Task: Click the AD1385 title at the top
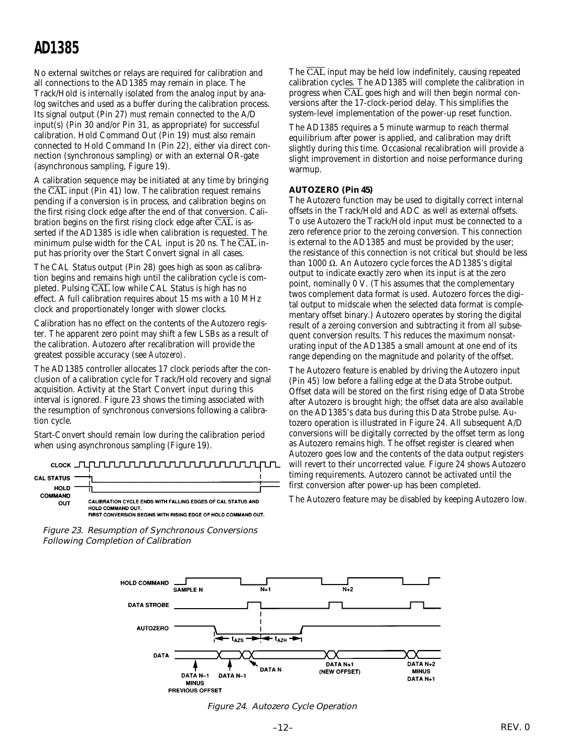tap(57, 48)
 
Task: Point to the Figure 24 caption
tap(282, 706)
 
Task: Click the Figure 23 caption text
tap(149, 535)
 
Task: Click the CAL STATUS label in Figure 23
tap(52, 478)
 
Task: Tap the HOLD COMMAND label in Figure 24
tap(145, 582)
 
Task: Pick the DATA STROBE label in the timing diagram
tap(148, 605)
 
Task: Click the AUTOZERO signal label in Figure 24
tap(152, 628)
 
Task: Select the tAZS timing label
tap(237, 640)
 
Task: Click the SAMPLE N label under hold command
tap(188, 589)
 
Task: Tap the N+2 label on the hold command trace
tap(348, 589)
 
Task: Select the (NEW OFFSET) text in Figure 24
tap(340, 672)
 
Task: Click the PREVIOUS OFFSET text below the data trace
tap(194, 690)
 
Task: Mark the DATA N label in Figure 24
tap(271, 669)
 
